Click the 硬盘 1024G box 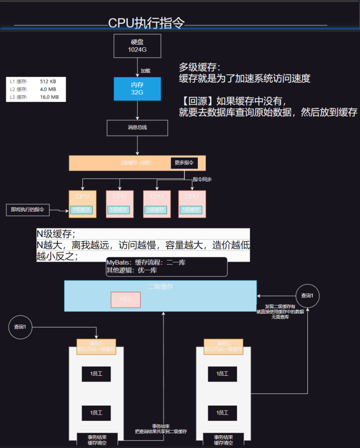pyautogui.click(x=137, y=46)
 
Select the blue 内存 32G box pyautogui.click(x=137, y=88)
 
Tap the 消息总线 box pyautogui.click(x=137, y=128)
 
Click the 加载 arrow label pyautogui.click(x=145, y=71)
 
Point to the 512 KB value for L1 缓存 pyautogui.click(x=48, y=82)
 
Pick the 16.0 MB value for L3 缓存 pyautogui.click(x=49, y=97)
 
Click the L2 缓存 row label pyautogui.click(x=19, y=90)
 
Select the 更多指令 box pyautogui.click(x=184, y=163)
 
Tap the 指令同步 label pyautogui.click(x=202, y=179)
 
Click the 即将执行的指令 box pyautogui.click(x=28, y=210)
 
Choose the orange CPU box pyautogui.click(x=82, y=204)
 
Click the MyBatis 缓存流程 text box pyautogui.click(x=166, y=266)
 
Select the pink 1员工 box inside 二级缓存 pyautogui.click(x=125, y=300)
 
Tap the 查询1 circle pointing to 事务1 pyautogui.click(x=20, y=327)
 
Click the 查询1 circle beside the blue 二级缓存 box pyautogui.click(x=307, y=296)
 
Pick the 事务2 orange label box pyautogui.click(x=223, y=346)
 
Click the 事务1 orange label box pyautogui.click(x=96, y=346)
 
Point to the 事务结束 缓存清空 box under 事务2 pyautogui.click(x=223, y=440)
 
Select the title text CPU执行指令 pyautogui.click(x=146, y=23)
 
